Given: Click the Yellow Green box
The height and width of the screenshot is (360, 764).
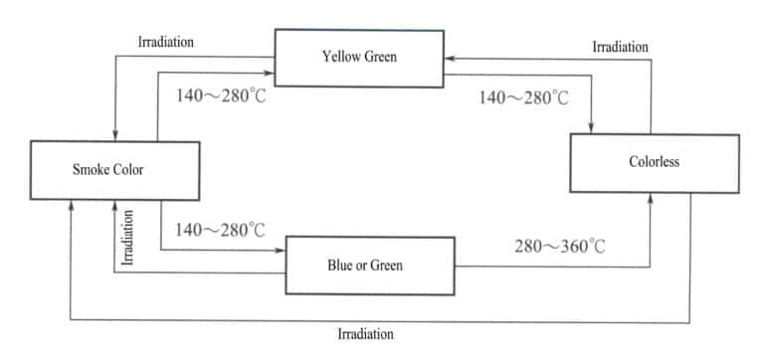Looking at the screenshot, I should (x=359, y=57).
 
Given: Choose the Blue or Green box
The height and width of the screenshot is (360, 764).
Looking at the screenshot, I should (x=370, y=265).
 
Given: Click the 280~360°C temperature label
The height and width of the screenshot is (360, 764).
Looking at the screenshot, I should (x=559, y=246).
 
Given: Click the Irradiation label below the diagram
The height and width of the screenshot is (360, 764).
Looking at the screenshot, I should (x=365, y=334).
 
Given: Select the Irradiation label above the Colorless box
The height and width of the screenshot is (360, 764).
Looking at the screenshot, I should (x=620, y=47).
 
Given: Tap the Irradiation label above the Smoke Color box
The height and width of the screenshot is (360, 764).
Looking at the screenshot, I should (x=165, y=43).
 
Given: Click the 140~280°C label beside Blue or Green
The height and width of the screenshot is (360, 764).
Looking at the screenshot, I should (x=220, y=231).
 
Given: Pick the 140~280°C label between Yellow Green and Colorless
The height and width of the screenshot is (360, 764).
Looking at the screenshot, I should (x=523, y=97).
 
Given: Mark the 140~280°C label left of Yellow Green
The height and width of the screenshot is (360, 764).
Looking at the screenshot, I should (x=220, y=97).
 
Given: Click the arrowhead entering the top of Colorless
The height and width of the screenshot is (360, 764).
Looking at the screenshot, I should (x=593, y=128).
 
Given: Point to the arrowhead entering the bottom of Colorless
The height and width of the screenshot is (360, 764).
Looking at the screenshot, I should (x=651, y=198).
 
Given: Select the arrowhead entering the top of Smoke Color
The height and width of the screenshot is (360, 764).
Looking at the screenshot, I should (x=116, y=136).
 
